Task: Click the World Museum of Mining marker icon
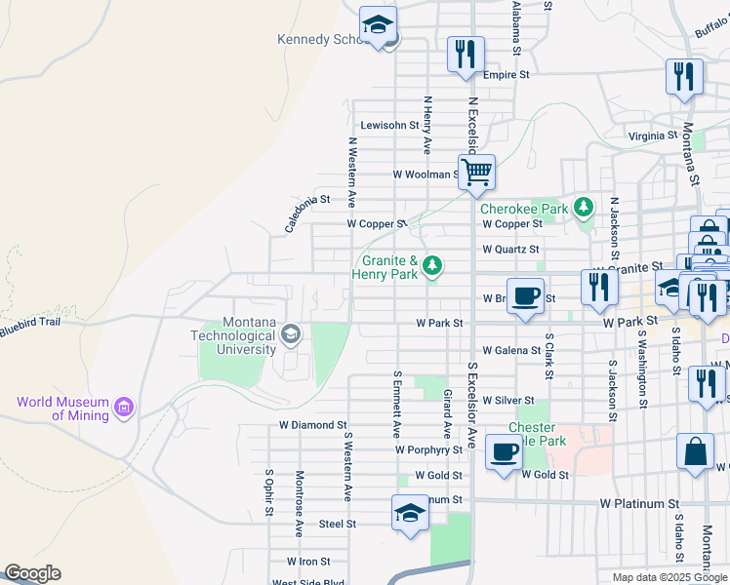coord(124,407)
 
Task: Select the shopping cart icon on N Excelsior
coord(476,173)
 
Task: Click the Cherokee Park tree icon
coord(584,207)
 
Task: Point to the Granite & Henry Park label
coord(389,267)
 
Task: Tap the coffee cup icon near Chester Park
coord(504,452)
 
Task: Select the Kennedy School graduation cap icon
coord(377,25)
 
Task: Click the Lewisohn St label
coord(389,126)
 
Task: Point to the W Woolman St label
coord(426,175)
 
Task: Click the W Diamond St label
coord(312,425)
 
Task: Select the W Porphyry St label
coord(428,450)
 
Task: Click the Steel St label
coord(338,524)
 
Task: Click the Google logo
coord(31,573)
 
